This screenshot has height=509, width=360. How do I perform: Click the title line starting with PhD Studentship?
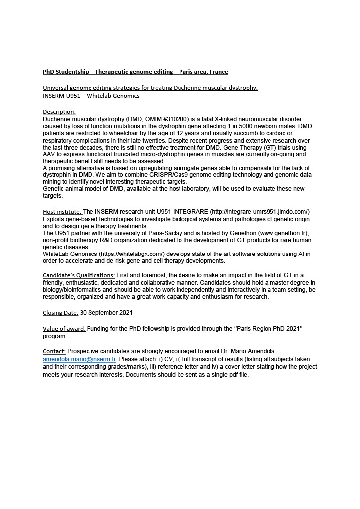click(x=135, y=72)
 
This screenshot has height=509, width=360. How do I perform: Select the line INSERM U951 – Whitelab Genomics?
click(x=91, y=96)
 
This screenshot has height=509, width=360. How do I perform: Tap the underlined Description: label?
click(x=59, y=112)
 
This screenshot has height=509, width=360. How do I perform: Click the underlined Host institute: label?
click(x=62, y=212)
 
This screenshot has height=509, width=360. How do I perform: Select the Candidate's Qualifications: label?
click(x=79, y=275)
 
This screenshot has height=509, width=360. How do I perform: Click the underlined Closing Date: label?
click(x=60, y=313)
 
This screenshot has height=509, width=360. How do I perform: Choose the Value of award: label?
click(x=64, y=329)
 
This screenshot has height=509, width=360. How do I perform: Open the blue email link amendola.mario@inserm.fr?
click(x=79, y=359)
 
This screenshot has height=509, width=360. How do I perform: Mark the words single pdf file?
click(x=228, y=375)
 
